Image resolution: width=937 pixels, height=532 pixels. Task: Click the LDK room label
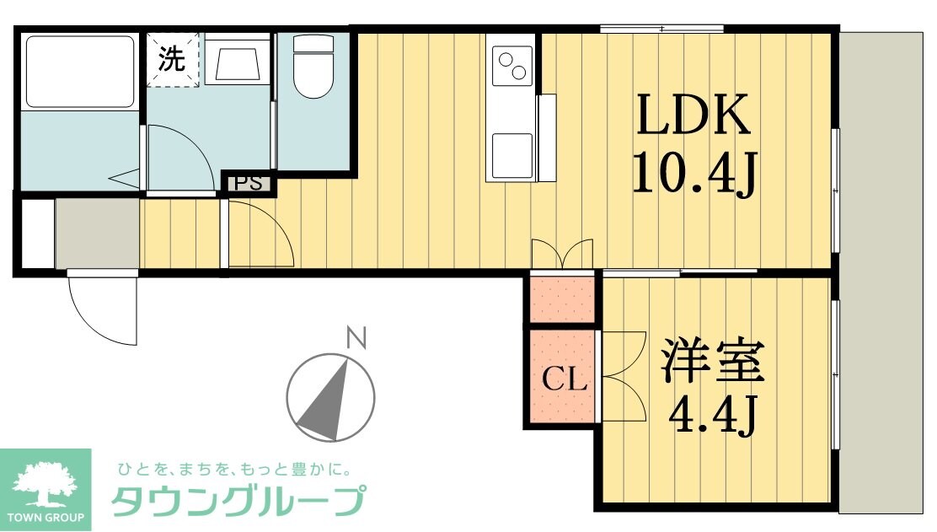point(693,116)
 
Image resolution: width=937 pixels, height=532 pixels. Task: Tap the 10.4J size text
point(693,175)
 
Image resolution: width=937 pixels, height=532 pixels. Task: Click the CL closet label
point(564,380)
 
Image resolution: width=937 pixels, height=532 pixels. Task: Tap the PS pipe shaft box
point(248,182)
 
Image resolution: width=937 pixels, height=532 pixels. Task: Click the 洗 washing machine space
point(174,60)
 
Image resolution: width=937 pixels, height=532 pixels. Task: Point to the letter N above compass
point(358,338)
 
